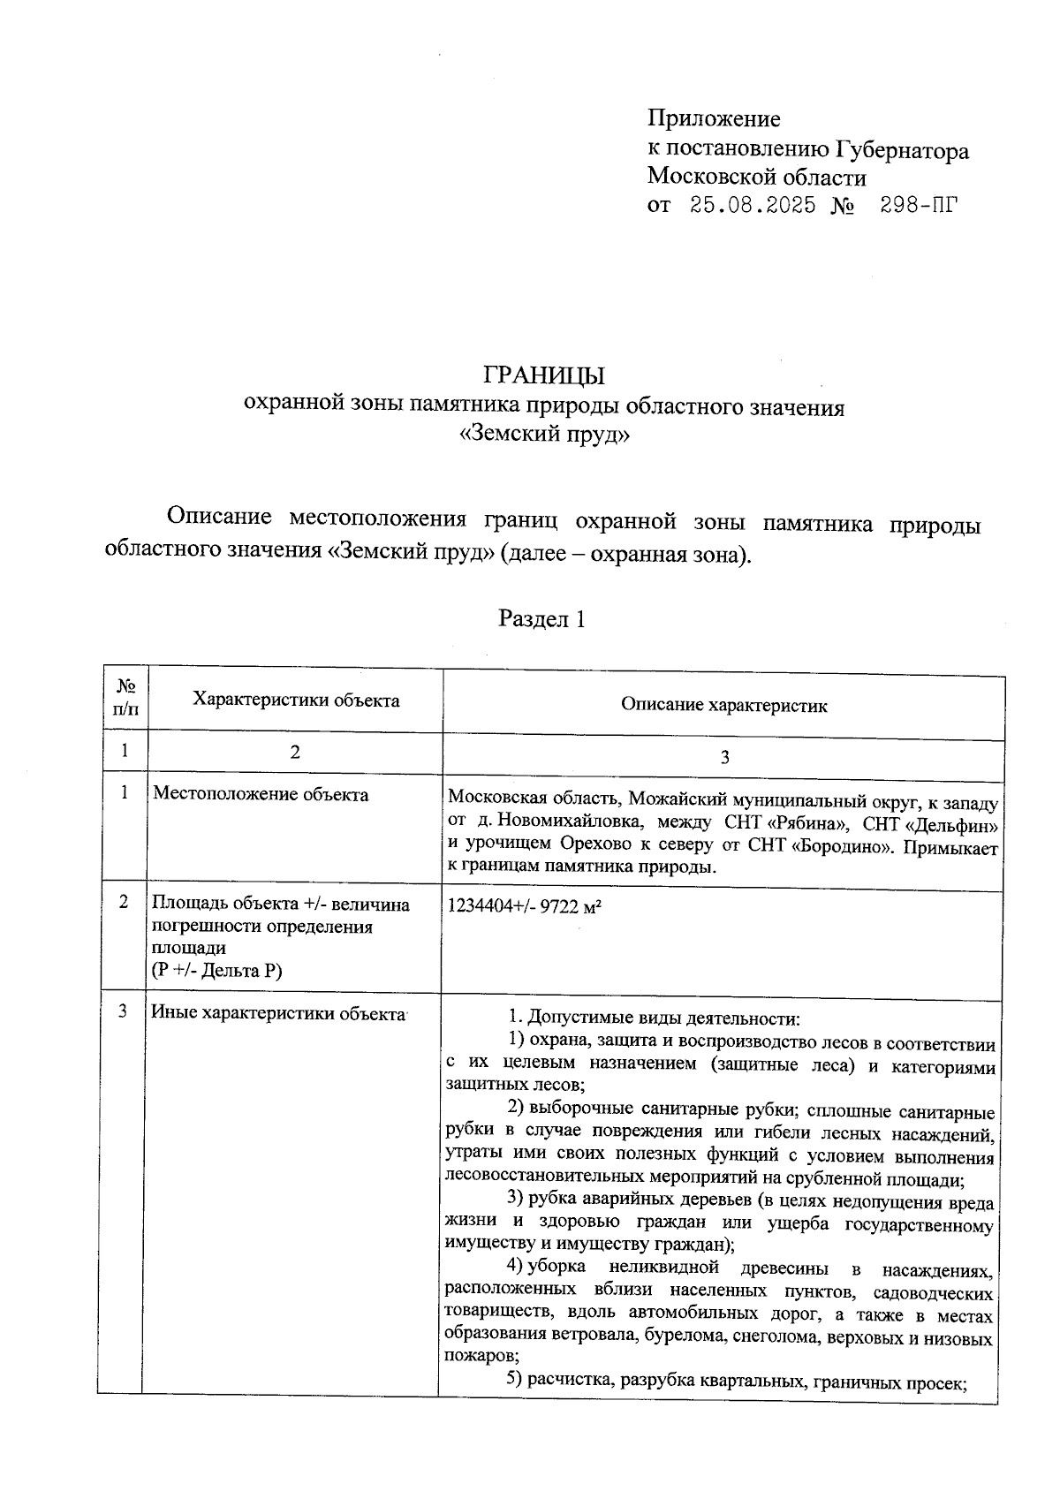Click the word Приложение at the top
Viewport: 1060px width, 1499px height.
point(714,118)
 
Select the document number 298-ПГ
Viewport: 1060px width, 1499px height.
point(919,206)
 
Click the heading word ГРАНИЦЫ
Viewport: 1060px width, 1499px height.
point(544,375)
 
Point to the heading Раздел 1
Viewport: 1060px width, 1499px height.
point(542,618)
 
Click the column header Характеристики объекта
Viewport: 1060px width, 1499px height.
point(296,700)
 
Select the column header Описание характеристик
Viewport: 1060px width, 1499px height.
point(723,705)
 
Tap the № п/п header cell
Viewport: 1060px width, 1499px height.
point(125,698)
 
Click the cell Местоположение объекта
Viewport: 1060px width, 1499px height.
point(261,794)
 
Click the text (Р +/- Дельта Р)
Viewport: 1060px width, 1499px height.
point(216,971)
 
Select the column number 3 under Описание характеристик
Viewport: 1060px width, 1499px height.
point(724,757)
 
